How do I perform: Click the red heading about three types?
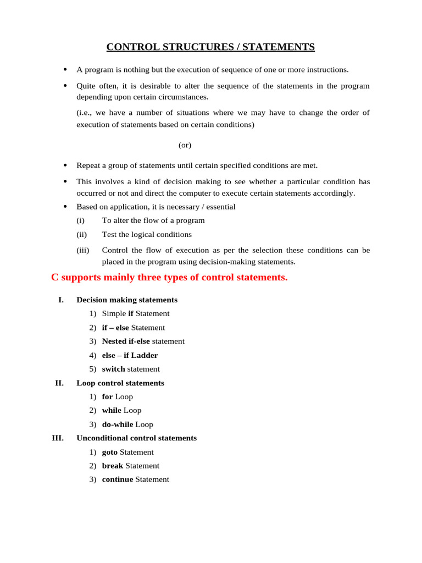tap(169, 278)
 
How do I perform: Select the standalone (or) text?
tap(185, 145)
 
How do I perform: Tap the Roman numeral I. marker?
tap(61, 300)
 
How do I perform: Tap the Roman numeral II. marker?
tap(59, 383)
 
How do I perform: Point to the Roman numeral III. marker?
tap(58, 438)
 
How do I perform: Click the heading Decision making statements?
tap(127, 300)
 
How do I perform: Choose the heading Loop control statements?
tap(120, 383)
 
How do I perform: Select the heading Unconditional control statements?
tap(136, 438)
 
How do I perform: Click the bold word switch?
tap(113, 369)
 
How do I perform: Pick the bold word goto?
tap(110, 452)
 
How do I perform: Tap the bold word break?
tap(113, 466)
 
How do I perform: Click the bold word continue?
tap(118, 479)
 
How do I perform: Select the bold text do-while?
tap(118, 424)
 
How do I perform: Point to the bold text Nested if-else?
tap(126, 341)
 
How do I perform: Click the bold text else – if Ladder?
tap(130, 355)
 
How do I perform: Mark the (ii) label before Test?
tap(81, 235)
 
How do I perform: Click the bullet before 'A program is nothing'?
tap(65, 70)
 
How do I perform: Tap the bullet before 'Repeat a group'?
tap(65, 165)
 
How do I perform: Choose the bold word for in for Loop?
tap(107, 397)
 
